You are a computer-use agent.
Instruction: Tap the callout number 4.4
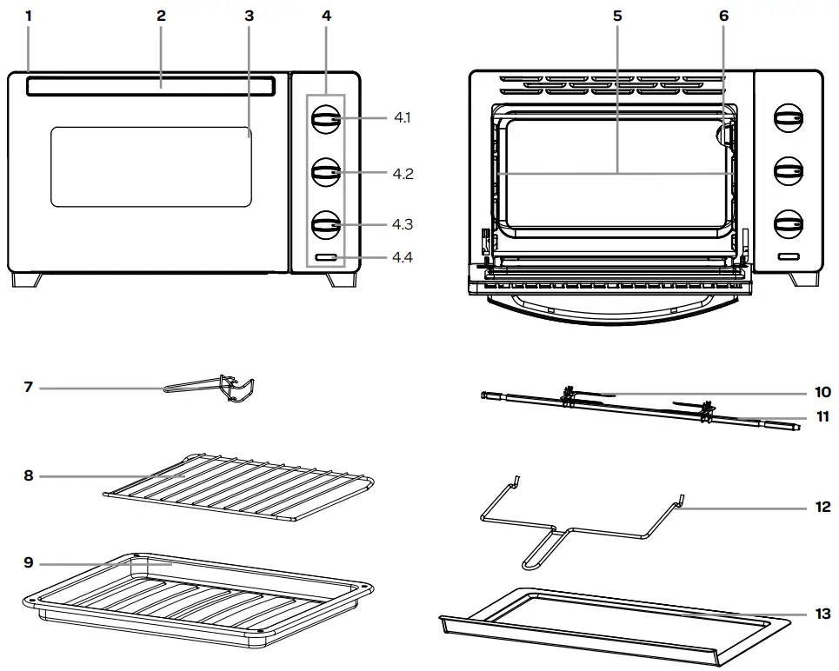(x=402, y=257)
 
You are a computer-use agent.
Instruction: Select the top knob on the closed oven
(x=326, y=120)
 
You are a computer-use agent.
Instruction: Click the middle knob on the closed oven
(x=326, y=172)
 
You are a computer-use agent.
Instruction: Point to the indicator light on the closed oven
(x=326, y=258)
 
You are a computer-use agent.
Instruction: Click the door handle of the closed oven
(x=151, y=85)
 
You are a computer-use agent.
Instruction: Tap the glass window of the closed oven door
(x=151, y=166)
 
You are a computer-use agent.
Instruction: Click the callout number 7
(x=28, y=387)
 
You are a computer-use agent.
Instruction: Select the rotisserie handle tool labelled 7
(x=209, y=389)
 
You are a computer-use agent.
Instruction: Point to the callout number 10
(x=822, y=393)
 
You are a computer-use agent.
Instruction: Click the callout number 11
(x=822, y=417)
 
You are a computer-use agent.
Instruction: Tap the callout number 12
(x=822, y=506)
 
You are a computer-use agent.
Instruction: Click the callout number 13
(x=822, y=614)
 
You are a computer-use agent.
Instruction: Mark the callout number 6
(x=723, y=16)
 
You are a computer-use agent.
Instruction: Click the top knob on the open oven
(x=789, y=118)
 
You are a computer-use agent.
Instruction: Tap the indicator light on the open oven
(x=789, y=257)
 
